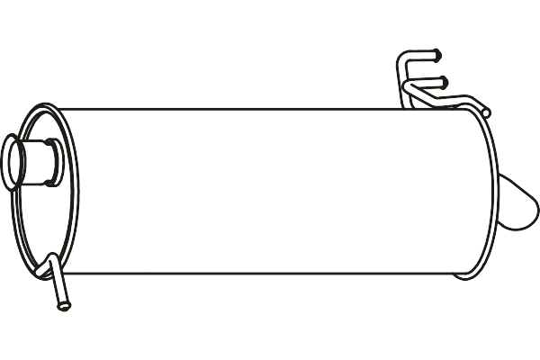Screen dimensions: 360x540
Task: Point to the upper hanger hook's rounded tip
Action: click(441, 56)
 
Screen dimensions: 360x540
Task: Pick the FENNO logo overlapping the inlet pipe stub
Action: click(50, 144)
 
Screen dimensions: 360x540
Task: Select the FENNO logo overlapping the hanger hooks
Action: click(425, 88)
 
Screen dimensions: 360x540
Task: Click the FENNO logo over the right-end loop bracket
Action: click(517, 198)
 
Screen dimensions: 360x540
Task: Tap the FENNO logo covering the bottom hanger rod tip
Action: click(50, 309)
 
